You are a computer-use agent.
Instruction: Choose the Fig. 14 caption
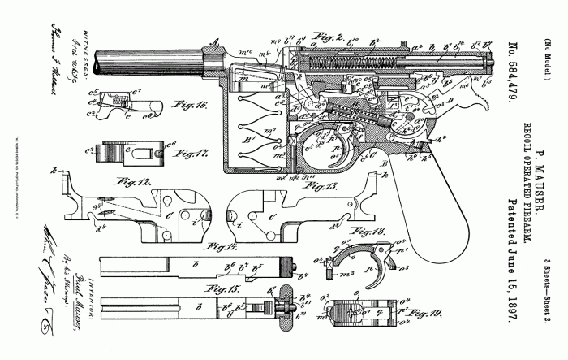point(220,245)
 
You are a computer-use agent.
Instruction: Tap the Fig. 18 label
point(388,232)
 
